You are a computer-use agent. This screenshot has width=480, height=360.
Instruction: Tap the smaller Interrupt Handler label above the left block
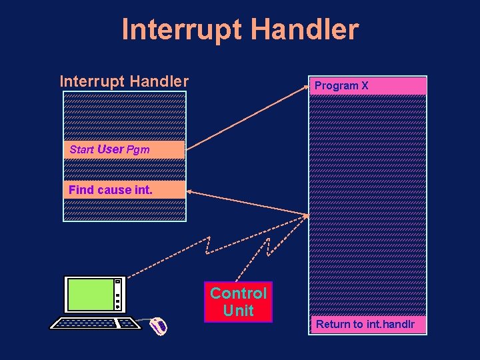124,81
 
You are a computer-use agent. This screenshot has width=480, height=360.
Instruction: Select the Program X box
367,85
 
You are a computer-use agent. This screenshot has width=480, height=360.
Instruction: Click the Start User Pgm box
124,149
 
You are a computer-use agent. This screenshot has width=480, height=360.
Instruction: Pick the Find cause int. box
124,190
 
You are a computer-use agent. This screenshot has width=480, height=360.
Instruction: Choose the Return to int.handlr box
367,325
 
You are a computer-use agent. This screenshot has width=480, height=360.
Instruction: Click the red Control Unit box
239,302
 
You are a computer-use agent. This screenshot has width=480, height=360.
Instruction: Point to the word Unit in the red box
239,311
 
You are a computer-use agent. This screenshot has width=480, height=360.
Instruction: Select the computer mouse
159,326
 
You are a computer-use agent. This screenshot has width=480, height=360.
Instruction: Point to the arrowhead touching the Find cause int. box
190,193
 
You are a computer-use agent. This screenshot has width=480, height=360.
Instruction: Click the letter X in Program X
364,85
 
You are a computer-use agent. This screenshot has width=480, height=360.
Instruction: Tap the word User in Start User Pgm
111,149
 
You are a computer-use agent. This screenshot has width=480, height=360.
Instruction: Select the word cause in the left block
114,190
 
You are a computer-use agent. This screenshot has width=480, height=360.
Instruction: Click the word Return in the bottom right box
331,325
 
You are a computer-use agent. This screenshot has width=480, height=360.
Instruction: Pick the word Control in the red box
239,293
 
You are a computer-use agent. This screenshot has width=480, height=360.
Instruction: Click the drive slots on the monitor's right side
118,295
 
